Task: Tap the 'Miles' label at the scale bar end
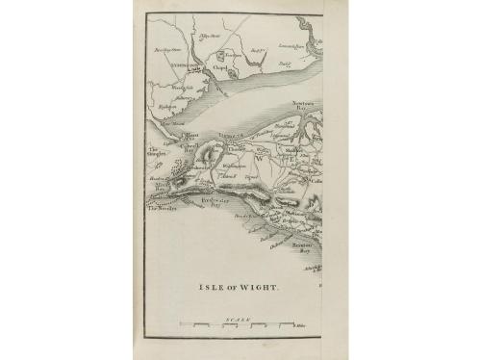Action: [x=299, y=326]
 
